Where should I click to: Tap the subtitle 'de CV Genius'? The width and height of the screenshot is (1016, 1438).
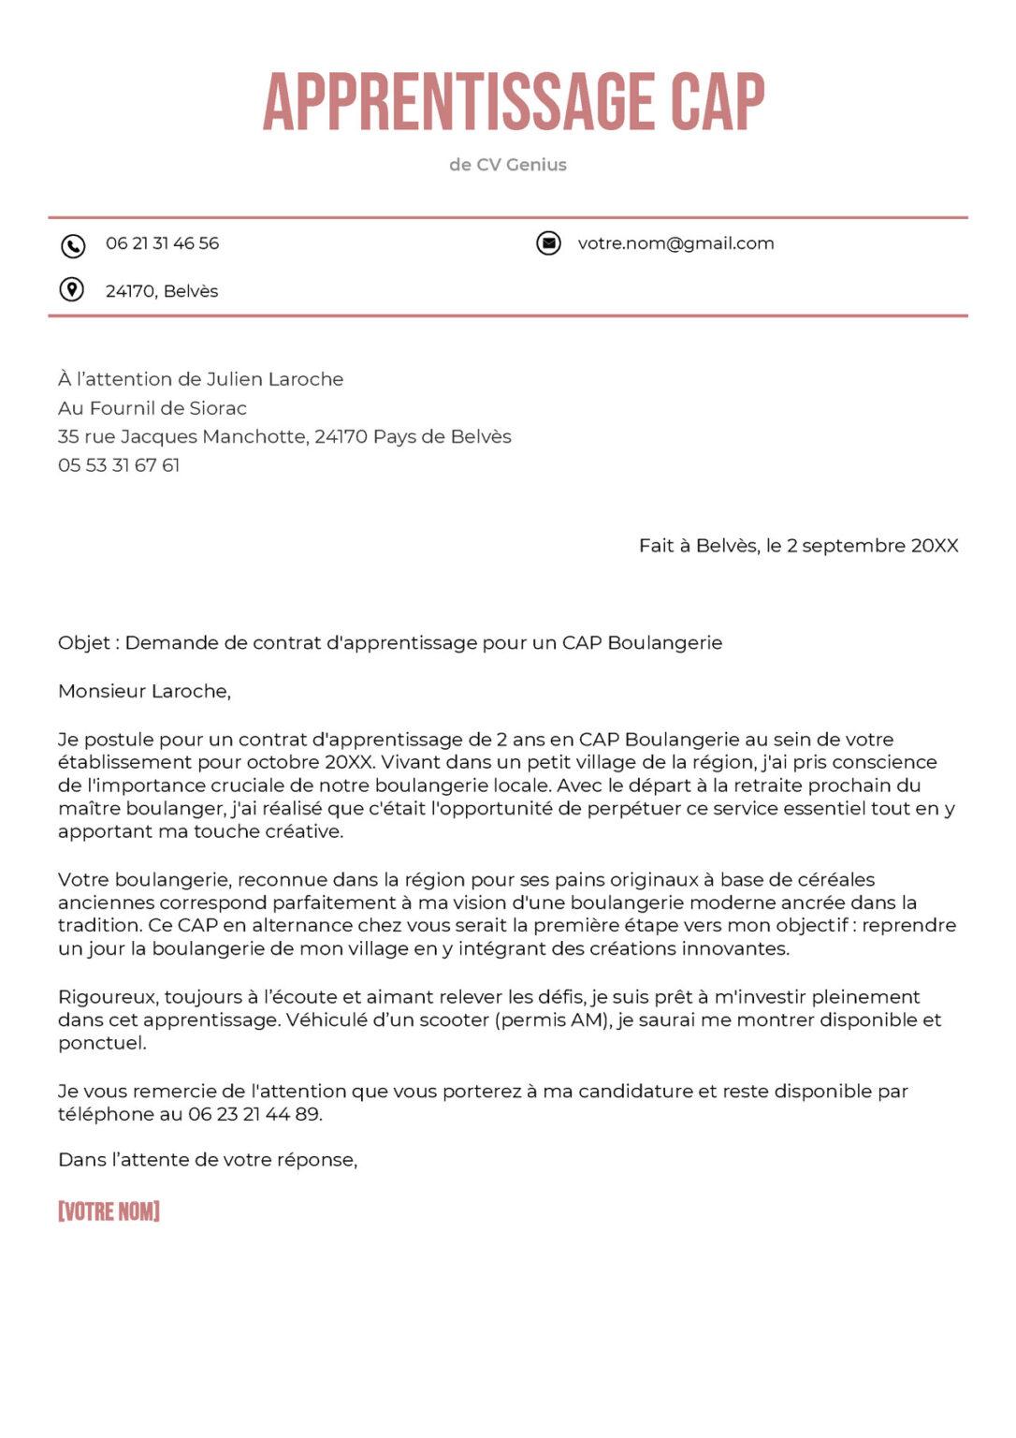click(x=507, y=165)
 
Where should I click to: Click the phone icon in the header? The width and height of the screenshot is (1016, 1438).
click(x=73, y=245)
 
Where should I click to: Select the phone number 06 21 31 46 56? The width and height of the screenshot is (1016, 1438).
click(x=162, y=243)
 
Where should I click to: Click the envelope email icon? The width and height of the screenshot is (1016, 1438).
click(x=548, y=243)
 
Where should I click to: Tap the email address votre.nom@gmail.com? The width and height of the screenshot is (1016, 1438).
click(x=675, y=243)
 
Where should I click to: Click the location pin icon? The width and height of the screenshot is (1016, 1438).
click(x=72, y=290)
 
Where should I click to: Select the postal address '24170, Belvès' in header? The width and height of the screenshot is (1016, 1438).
click(x=162, y=291)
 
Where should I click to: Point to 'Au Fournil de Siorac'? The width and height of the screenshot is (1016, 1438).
click(x=152, y=408)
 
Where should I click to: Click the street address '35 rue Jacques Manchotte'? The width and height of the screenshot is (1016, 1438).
click(x=181, y=436)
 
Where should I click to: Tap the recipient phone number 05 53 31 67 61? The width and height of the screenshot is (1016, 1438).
click(x=119, y=465)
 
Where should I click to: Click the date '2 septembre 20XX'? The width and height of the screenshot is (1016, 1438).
click(x=872, y=546)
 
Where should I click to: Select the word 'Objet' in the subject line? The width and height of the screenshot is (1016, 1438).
click(x=84, y=643)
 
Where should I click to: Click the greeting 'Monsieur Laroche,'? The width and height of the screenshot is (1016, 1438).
click(x=144, y=692)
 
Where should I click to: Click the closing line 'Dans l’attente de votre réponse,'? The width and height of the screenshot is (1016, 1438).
click(x=208, y=1160)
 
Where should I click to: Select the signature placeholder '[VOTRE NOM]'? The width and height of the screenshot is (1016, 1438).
click(x=109, y=1211)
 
